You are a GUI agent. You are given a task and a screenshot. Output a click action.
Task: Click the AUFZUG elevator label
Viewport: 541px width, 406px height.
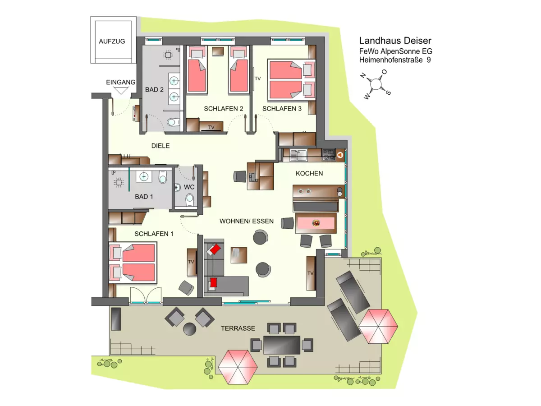point(112,42)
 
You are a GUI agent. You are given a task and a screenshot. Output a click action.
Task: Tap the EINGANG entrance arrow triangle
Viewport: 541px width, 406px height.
point(121,91)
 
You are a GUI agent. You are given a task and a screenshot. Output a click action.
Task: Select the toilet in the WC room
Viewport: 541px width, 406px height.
point(189,198)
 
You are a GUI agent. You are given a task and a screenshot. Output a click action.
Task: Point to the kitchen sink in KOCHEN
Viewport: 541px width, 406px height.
point(298,155)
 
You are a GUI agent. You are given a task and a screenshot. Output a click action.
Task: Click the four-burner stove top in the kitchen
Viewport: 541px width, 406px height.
point(329,155)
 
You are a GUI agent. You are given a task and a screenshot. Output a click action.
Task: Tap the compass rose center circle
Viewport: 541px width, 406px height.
point(376,84)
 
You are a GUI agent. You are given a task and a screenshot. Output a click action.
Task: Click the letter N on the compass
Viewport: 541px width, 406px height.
point(363,75)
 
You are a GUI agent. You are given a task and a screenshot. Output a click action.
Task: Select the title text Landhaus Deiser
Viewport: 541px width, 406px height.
point(395,41)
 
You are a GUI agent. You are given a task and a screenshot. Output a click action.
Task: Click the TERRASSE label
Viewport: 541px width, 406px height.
point(238,328)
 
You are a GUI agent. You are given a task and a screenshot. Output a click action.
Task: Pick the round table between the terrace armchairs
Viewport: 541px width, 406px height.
point(189,329)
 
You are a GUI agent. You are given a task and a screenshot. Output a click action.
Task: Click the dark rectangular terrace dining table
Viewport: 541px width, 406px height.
point(282,345)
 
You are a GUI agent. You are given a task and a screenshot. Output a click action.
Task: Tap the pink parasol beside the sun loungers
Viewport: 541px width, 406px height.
point(378,326)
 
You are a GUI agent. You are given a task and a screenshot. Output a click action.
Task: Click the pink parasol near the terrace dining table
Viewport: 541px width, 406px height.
point(238,367)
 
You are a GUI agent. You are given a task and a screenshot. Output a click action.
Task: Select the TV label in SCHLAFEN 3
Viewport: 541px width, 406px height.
point(257,78)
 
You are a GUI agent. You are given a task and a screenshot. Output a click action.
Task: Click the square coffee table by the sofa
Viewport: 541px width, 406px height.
point(239,255)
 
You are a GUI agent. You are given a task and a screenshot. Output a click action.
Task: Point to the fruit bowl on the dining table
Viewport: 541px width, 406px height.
point(316,223)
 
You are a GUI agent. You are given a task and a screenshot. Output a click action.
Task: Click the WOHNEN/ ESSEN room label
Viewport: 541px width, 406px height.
point(247,221)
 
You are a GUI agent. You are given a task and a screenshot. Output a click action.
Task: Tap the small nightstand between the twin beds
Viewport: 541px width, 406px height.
point(218,51)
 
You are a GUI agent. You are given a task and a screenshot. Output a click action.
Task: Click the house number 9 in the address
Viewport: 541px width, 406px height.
point(429,60)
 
